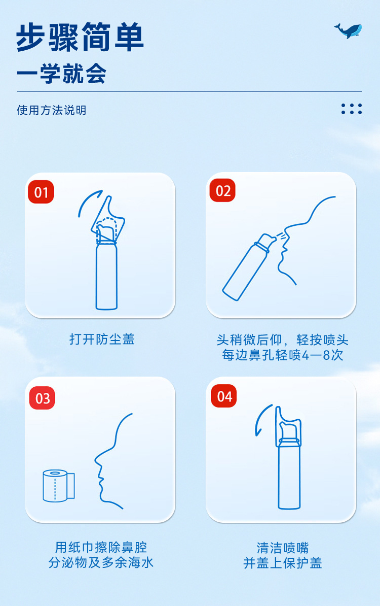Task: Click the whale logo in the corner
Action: pos(348,30)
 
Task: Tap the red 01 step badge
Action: pos(41,192)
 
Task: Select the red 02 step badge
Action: pos(223,191)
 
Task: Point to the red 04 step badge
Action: pos(224,396)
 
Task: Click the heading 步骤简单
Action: pos(80,38)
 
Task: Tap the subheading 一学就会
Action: pos(61,74)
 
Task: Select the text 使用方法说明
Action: pos(52,110)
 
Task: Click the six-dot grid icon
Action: pos(352,109)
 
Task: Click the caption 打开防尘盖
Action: pos(102,339)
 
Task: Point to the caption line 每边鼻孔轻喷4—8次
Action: pos(282,355)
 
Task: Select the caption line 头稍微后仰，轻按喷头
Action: pos(282,340)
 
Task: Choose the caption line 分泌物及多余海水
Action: pos(101,562)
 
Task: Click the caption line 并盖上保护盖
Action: pos(283,562)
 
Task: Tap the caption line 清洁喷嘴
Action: pos(283,548)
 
